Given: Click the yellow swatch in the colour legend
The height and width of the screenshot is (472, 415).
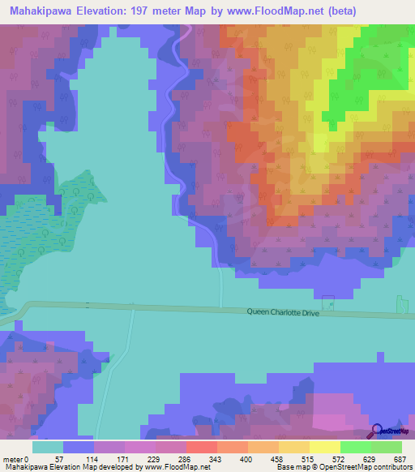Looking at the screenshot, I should coord(324,447).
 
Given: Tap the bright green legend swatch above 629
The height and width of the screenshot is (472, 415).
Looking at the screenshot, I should coord(355,447).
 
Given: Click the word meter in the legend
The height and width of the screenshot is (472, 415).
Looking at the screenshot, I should coord(13,458).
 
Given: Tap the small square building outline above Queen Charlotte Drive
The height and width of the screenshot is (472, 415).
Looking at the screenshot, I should coord(327,300).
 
